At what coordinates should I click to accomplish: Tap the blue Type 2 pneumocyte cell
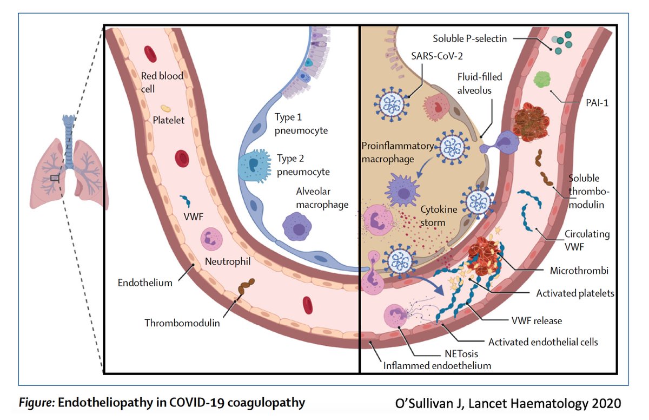pos(250,167)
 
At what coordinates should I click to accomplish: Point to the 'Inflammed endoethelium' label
pos(437,365)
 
